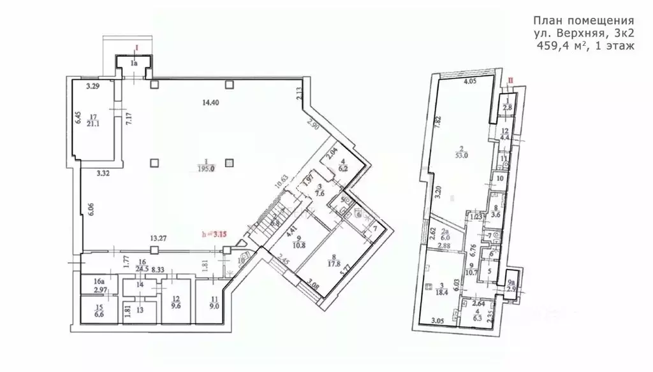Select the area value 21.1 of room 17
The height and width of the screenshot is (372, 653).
[x=94, y=124]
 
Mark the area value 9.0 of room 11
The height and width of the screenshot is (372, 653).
[x=214, y=304]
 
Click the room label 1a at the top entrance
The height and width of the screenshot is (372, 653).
[x=134, y=64]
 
